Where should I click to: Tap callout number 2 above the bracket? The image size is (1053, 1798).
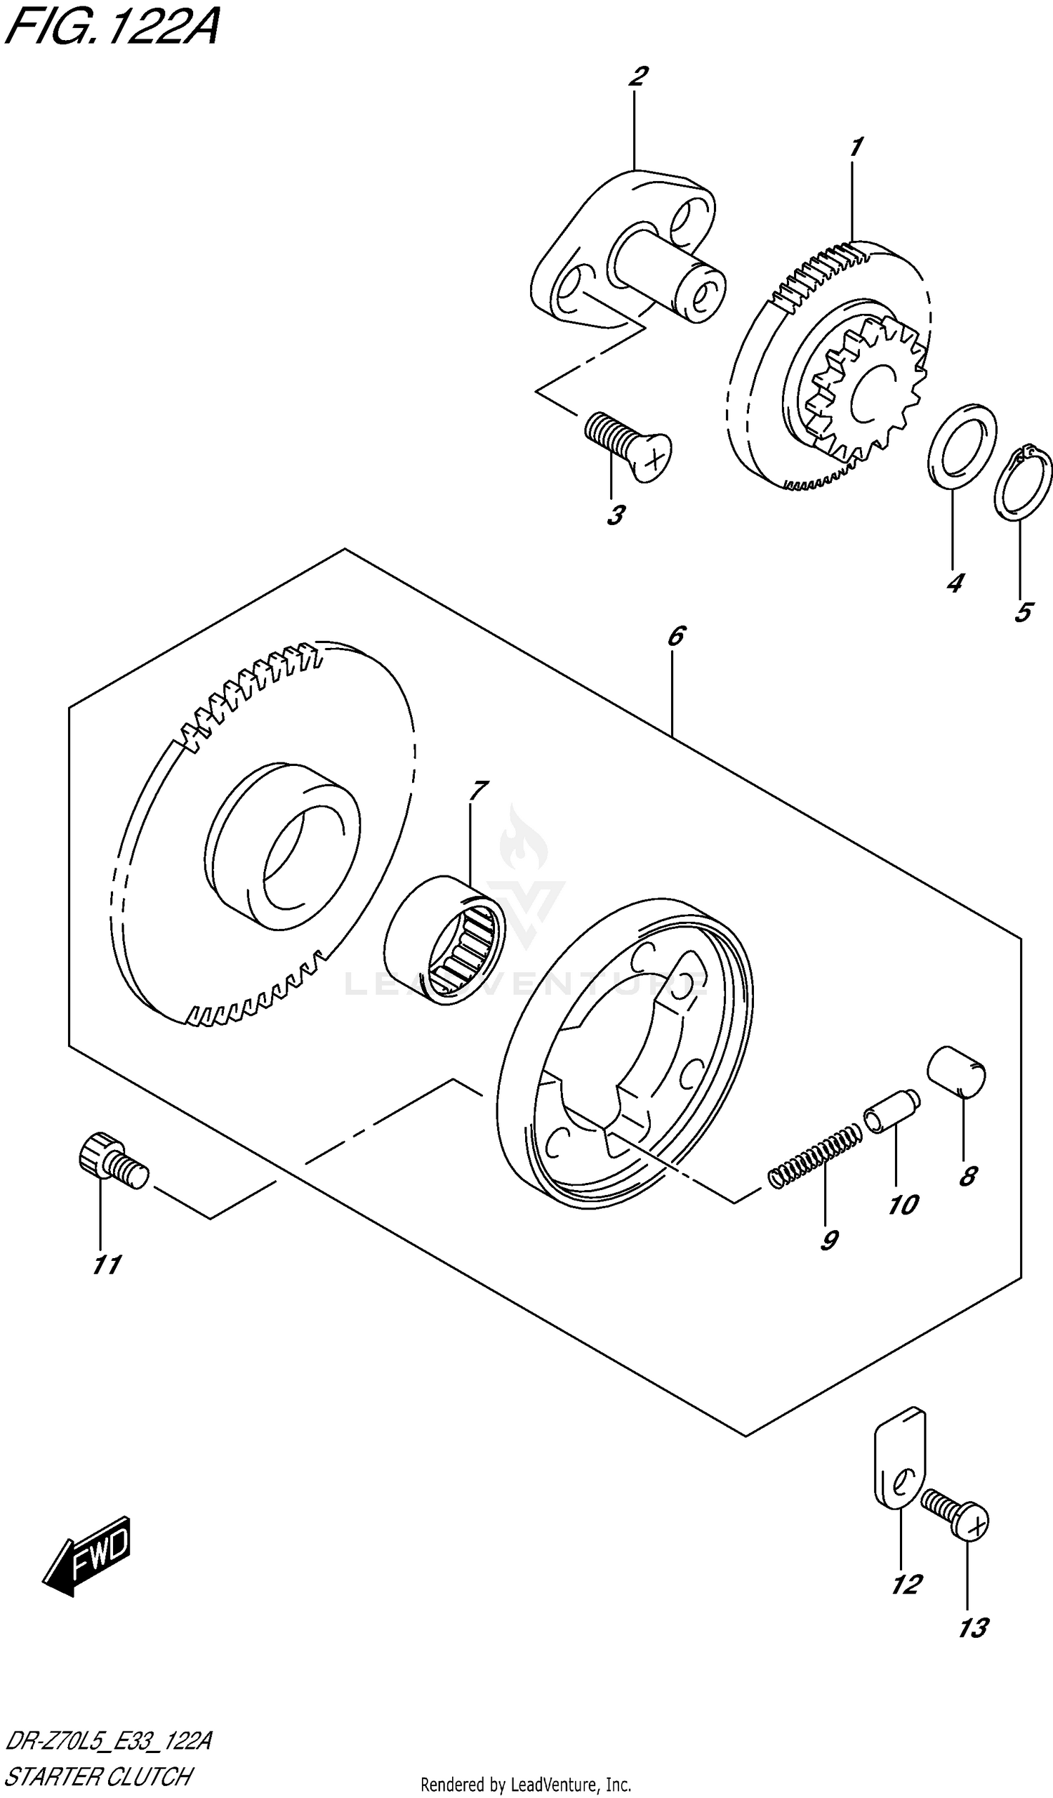pos(638,77)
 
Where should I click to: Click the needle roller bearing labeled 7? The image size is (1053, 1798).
pos(444,940)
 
